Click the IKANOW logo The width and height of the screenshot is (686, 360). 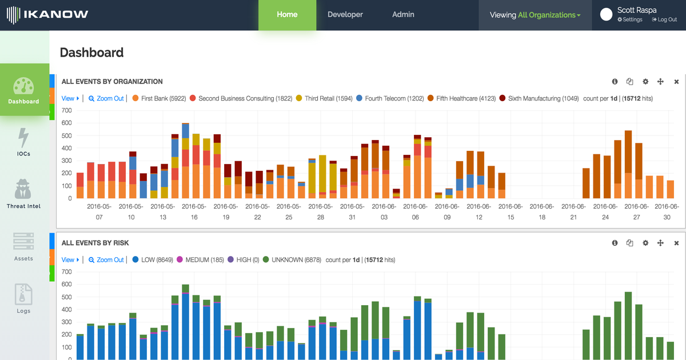pos(47,15)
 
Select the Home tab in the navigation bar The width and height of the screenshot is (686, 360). pos(287,15)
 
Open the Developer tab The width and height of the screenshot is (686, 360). pos(345,15)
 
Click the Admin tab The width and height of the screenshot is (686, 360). pos(403,15)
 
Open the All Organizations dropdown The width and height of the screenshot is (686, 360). pos(548,15)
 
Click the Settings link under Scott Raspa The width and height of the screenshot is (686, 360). pos(630,20)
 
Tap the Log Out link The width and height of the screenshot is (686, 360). pos(664,20)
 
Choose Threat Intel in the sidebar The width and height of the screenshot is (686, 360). pos(23,194)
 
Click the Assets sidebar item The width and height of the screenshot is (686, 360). pos(23,246)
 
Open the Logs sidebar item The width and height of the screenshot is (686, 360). pos(23,299)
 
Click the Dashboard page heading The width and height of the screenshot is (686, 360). pos(91,53)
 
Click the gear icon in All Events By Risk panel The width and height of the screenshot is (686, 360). pos(645,243)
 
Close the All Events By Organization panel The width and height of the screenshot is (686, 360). pos(676,82)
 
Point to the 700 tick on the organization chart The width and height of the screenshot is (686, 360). pos(67,110)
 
